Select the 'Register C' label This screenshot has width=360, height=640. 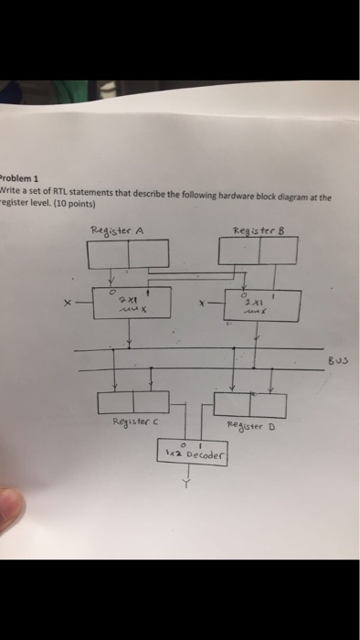(x=132, y=421)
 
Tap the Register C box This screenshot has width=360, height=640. (x=133, y=401)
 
